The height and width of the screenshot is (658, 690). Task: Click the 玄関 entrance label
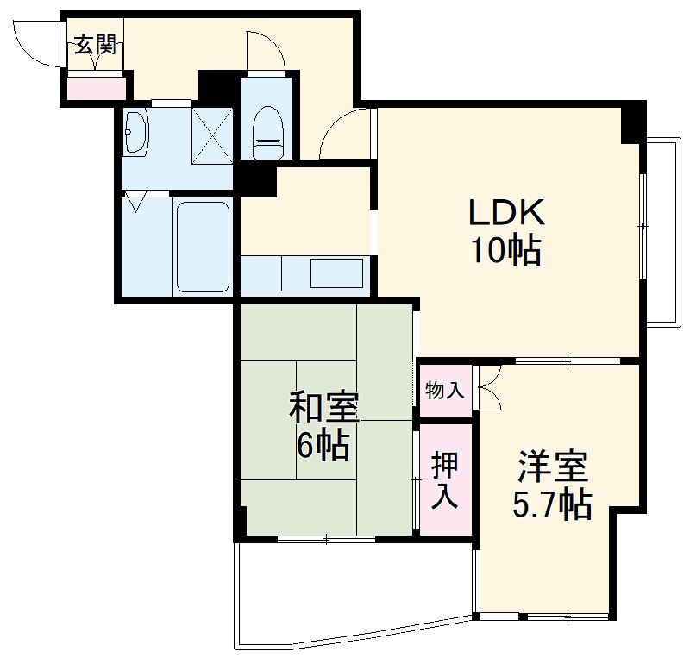[94, 45]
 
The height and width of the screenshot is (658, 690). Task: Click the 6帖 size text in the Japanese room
[323, 445]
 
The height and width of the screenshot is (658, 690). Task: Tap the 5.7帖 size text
[553, 504]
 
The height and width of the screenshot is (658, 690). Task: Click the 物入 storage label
[444, 391]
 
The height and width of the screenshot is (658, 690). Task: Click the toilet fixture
[268, 133]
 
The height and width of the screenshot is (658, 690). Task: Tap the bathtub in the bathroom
[203, 247]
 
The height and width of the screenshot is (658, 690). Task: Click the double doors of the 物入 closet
[488, 388]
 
